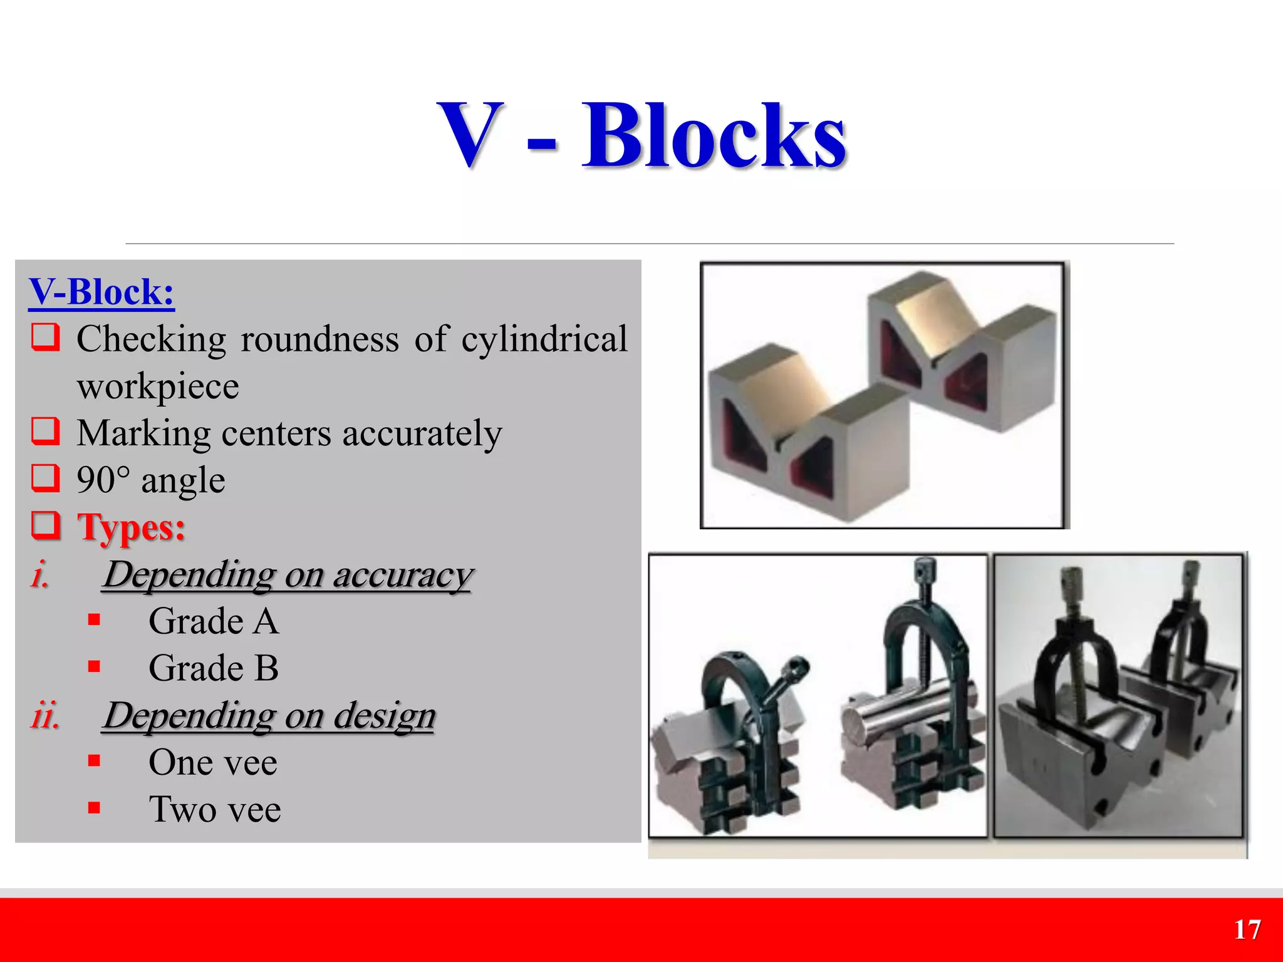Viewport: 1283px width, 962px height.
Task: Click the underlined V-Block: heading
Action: tap(101, 292)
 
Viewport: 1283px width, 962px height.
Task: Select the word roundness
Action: tap(319, 339)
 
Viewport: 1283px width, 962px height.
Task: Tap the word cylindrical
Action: tap(544, 339)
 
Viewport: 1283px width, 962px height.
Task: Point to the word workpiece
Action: tap(158, 386)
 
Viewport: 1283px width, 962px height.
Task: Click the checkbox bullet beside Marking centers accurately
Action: tap(46, 432)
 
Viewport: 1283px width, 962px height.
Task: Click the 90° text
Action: tap(103, 480)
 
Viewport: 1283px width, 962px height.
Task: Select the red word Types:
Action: tap(132, 527)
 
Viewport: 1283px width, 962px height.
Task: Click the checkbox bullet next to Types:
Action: tap(46, 525)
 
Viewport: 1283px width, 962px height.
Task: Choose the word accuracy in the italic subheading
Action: tap(402, 574)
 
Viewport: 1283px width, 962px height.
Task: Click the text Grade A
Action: tap(214, 621)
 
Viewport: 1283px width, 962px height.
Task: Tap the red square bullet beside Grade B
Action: tap(95, 666)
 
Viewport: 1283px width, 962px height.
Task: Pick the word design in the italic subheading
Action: tap(384, 715)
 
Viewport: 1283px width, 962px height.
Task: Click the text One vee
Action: tap(213, 762)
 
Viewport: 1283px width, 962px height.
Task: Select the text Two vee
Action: tap(215, 809)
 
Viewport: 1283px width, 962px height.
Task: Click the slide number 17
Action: tap(1247, 930)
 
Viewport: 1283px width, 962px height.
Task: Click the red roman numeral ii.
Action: tap(45, 715)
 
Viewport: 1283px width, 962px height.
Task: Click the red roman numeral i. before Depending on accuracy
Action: tap(40, 574)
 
